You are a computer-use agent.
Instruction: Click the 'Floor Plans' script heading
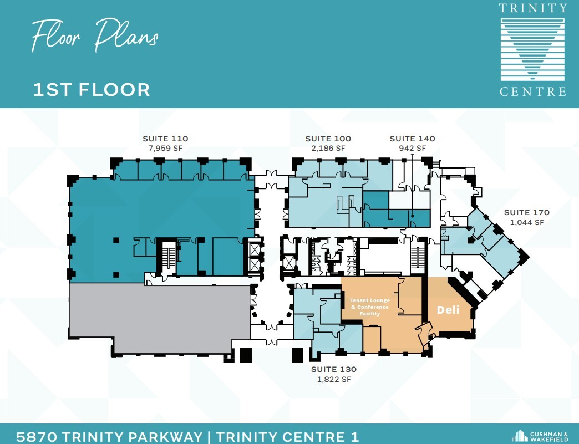[95, 35]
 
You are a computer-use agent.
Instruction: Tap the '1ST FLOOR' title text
[92, 89]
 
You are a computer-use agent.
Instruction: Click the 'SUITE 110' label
[165, 139]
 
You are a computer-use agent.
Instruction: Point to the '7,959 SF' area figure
[165, 149]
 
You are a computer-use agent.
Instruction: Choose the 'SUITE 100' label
[328, 139]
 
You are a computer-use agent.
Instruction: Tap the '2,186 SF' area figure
[328, 149]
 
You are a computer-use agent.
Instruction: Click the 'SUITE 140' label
[412, 139]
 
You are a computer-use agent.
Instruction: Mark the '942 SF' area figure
[412, 149]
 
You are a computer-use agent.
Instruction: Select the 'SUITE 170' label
[526, 212]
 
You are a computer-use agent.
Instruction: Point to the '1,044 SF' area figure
[526, 222]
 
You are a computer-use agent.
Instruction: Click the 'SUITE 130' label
[333, 369]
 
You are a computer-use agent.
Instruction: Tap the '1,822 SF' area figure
[333, 379]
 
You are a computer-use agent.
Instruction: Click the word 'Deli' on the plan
[448, 310]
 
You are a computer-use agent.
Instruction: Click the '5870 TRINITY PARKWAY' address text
[109, 436]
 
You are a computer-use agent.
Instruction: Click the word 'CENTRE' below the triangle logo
[533, 91]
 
